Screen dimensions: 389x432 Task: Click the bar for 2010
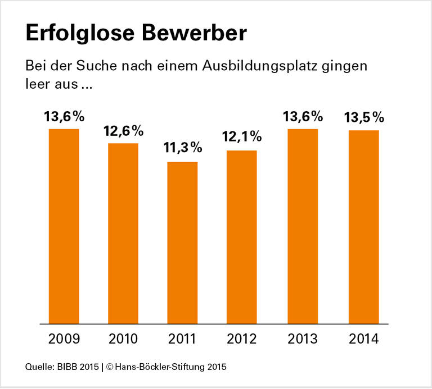[123, 234]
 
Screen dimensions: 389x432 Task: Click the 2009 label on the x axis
[64, 340]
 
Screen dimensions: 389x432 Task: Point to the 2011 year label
[182, 340]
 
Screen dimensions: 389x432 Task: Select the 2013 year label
[303, 340]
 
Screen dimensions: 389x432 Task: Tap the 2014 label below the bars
[363, 340]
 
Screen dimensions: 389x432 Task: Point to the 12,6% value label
[123, 131]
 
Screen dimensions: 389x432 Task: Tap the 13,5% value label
[363, 118]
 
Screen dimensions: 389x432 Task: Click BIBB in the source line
[66, 368]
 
